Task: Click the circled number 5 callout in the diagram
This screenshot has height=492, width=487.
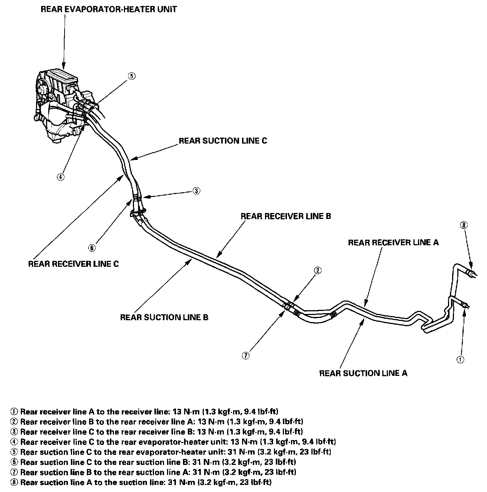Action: pyautogui.click(x=131, y=76)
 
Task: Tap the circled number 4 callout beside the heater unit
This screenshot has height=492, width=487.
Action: pyautogui.click(x=61, y=177)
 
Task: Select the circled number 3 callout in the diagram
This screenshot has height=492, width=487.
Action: pyautogui.click(x=196, y=191)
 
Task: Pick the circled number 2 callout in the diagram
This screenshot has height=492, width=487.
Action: pyautogui.click(x=317, y=270)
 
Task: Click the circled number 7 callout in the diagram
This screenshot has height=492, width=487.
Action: pyautogui.click(x=245, y=355)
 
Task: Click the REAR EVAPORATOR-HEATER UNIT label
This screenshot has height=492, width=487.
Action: pyautogui.click(x=108, y=9)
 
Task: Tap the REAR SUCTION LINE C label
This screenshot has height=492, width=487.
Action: pyautogui.click(x=223, y=141)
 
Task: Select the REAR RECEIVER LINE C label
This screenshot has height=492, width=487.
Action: pyautogui.click(x=73, y=264)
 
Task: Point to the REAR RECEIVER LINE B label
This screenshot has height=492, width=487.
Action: pyautogui.click(x=285, y=216)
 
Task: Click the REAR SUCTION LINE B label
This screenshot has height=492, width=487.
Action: pyautogui.click(x=164, y=317)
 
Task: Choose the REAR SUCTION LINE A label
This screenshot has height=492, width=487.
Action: pyautogui.click(x=363, y=373)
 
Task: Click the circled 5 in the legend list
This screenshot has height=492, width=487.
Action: pyautogui.click(x=14, y=452)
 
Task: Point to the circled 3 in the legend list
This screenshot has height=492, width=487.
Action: pyautogui.click(x=14, y=432)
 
